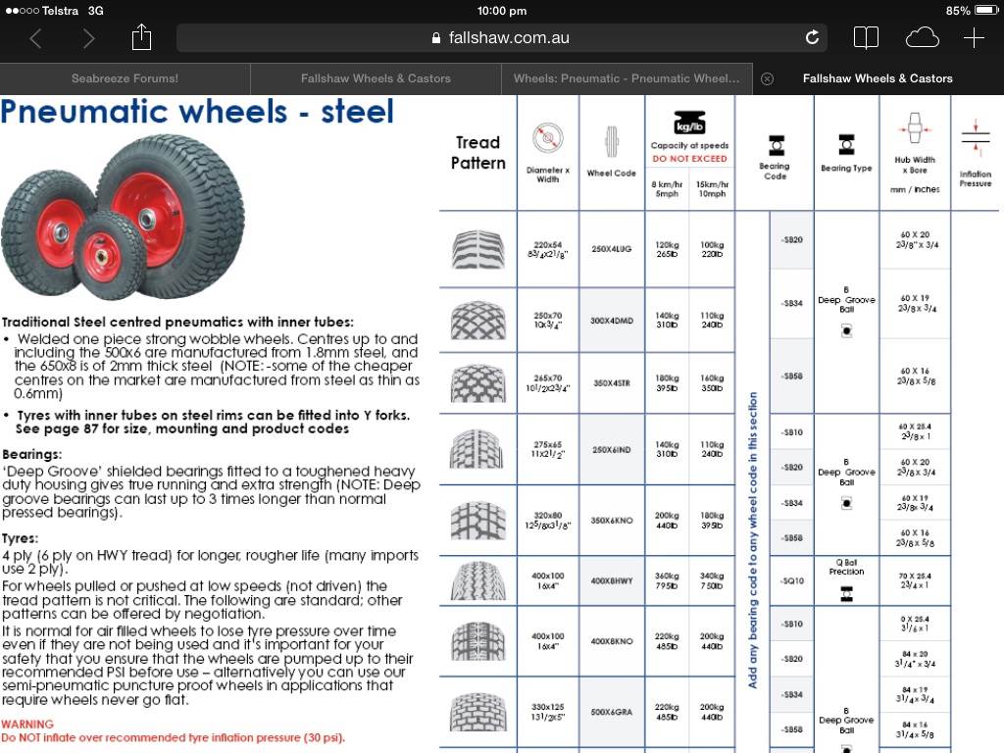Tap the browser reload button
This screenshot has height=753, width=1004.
click(812, 38)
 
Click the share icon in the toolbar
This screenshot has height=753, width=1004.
click(142, 38)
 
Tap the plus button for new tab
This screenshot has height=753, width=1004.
click(974, 38)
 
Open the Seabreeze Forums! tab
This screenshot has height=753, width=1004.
click(125, 78)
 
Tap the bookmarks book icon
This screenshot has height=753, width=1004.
click(866, 38)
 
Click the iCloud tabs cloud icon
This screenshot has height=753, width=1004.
click(922, 38)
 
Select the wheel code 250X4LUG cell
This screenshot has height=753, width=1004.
click(611, 249)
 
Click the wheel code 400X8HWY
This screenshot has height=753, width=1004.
click(611, 581)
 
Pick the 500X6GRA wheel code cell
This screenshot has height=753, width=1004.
click(611, 712)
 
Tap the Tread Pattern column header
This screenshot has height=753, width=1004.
click(477, 153)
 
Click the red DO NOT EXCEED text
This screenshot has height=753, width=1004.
click(689, 159)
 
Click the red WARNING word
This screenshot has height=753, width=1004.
click(27, 725)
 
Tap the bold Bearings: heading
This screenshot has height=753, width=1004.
click(31, 455)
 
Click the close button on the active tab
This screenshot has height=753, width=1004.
click(768, 78)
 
